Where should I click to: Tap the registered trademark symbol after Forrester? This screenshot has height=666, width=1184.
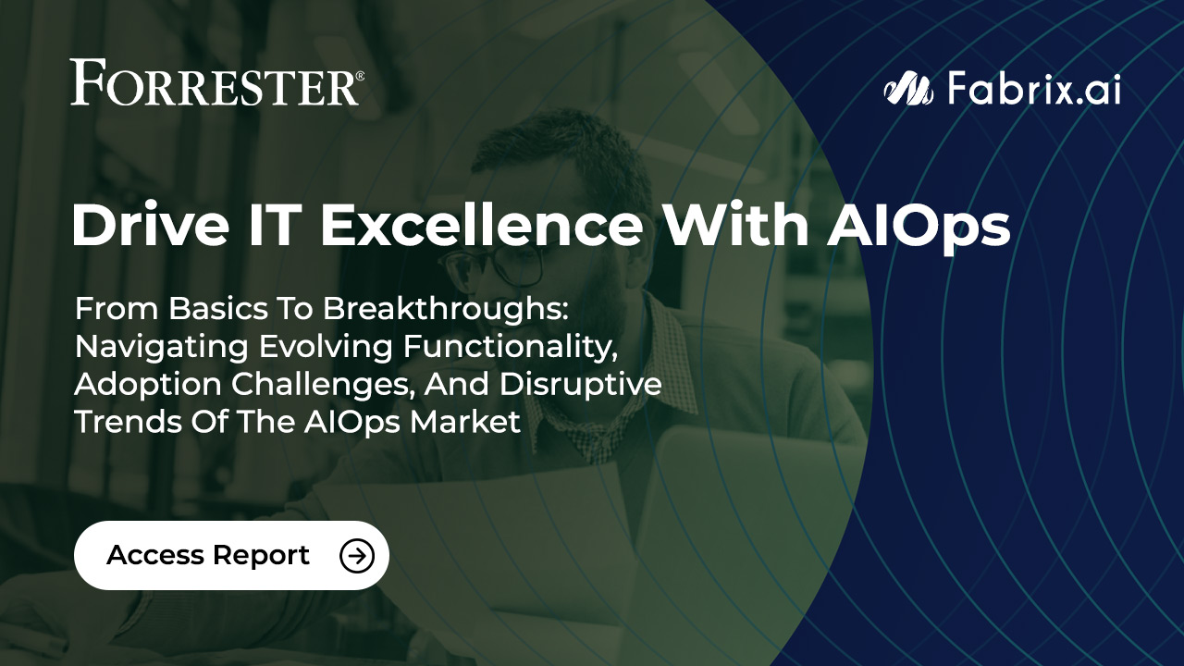coord(359,75)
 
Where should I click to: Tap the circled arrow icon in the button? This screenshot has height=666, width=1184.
coord(357,555)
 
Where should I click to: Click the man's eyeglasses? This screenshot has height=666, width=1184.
coord(499,264)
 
